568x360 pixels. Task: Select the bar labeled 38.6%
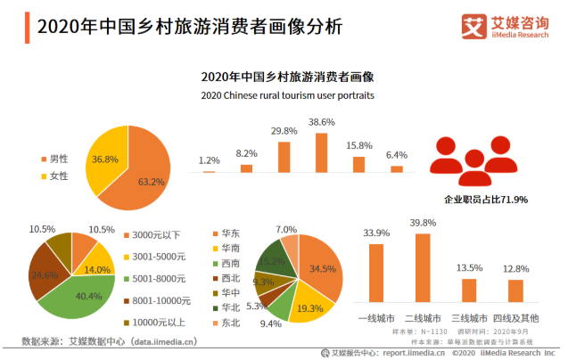click(x=321, y=152)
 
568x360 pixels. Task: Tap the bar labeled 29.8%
click(x=284, y=156)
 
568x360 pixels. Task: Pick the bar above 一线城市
click(x=376, y=273)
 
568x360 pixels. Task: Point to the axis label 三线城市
click(x=469, y=317)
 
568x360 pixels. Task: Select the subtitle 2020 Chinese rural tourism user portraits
click(x=287, y=94)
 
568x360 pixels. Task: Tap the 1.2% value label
click(x=210, y=160)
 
